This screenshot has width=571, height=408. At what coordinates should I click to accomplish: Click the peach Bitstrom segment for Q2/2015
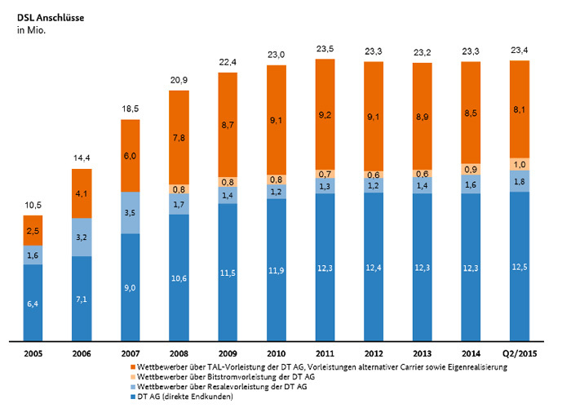519,163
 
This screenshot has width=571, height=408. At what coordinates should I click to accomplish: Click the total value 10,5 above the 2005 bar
33,206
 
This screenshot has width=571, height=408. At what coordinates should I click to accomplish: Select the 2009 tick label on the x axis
228,353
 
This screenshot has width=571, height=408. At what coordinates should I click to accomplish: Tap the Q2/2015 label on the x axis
519,353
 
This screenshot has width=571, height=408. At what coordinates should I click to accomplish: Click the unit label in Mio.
31,29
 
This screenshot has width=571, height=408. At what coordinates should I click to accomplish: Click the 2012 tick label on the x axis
374,353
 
